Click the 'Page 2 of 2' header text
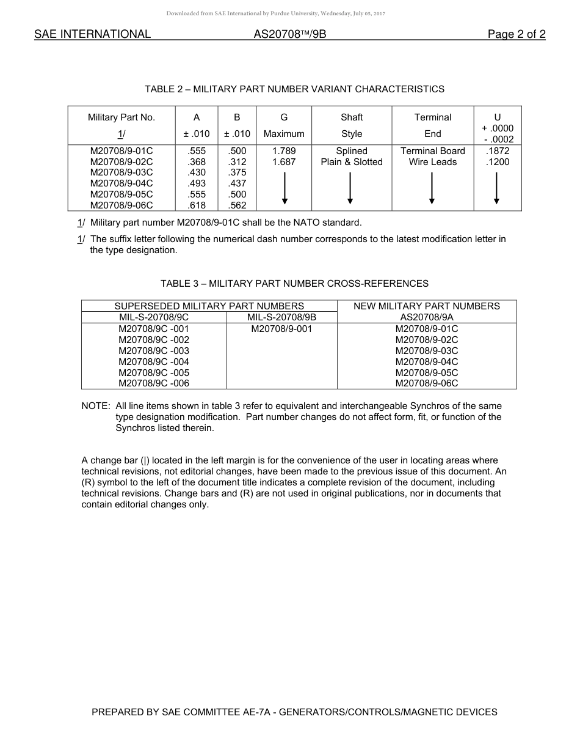click(516, 34)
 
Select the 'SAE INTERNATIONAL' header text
click(92, 34)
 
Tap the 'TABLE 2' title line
click(294, 89)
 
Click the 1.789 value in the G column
click(284, 151)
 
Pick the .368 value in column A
click(197, 162)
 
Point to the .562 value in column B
click(237, 205)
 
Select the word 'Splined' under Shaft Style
click(352, 151)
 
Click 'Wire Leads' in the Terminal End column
click(432, 162)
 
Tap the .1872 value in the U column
click(497, 151)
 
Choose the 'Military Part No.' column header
click(121, 117)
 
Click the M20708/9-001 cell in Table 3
click(281, 329)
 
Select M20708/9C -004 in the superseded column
click(154, 362)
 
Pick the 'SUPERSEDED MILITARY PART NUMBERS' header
click(209, 306)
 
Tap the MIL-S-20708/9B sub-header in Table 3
click(281, 317)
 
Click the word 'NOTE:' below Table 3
click(96, 406)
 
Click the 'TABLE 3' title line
click(294, 284)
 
